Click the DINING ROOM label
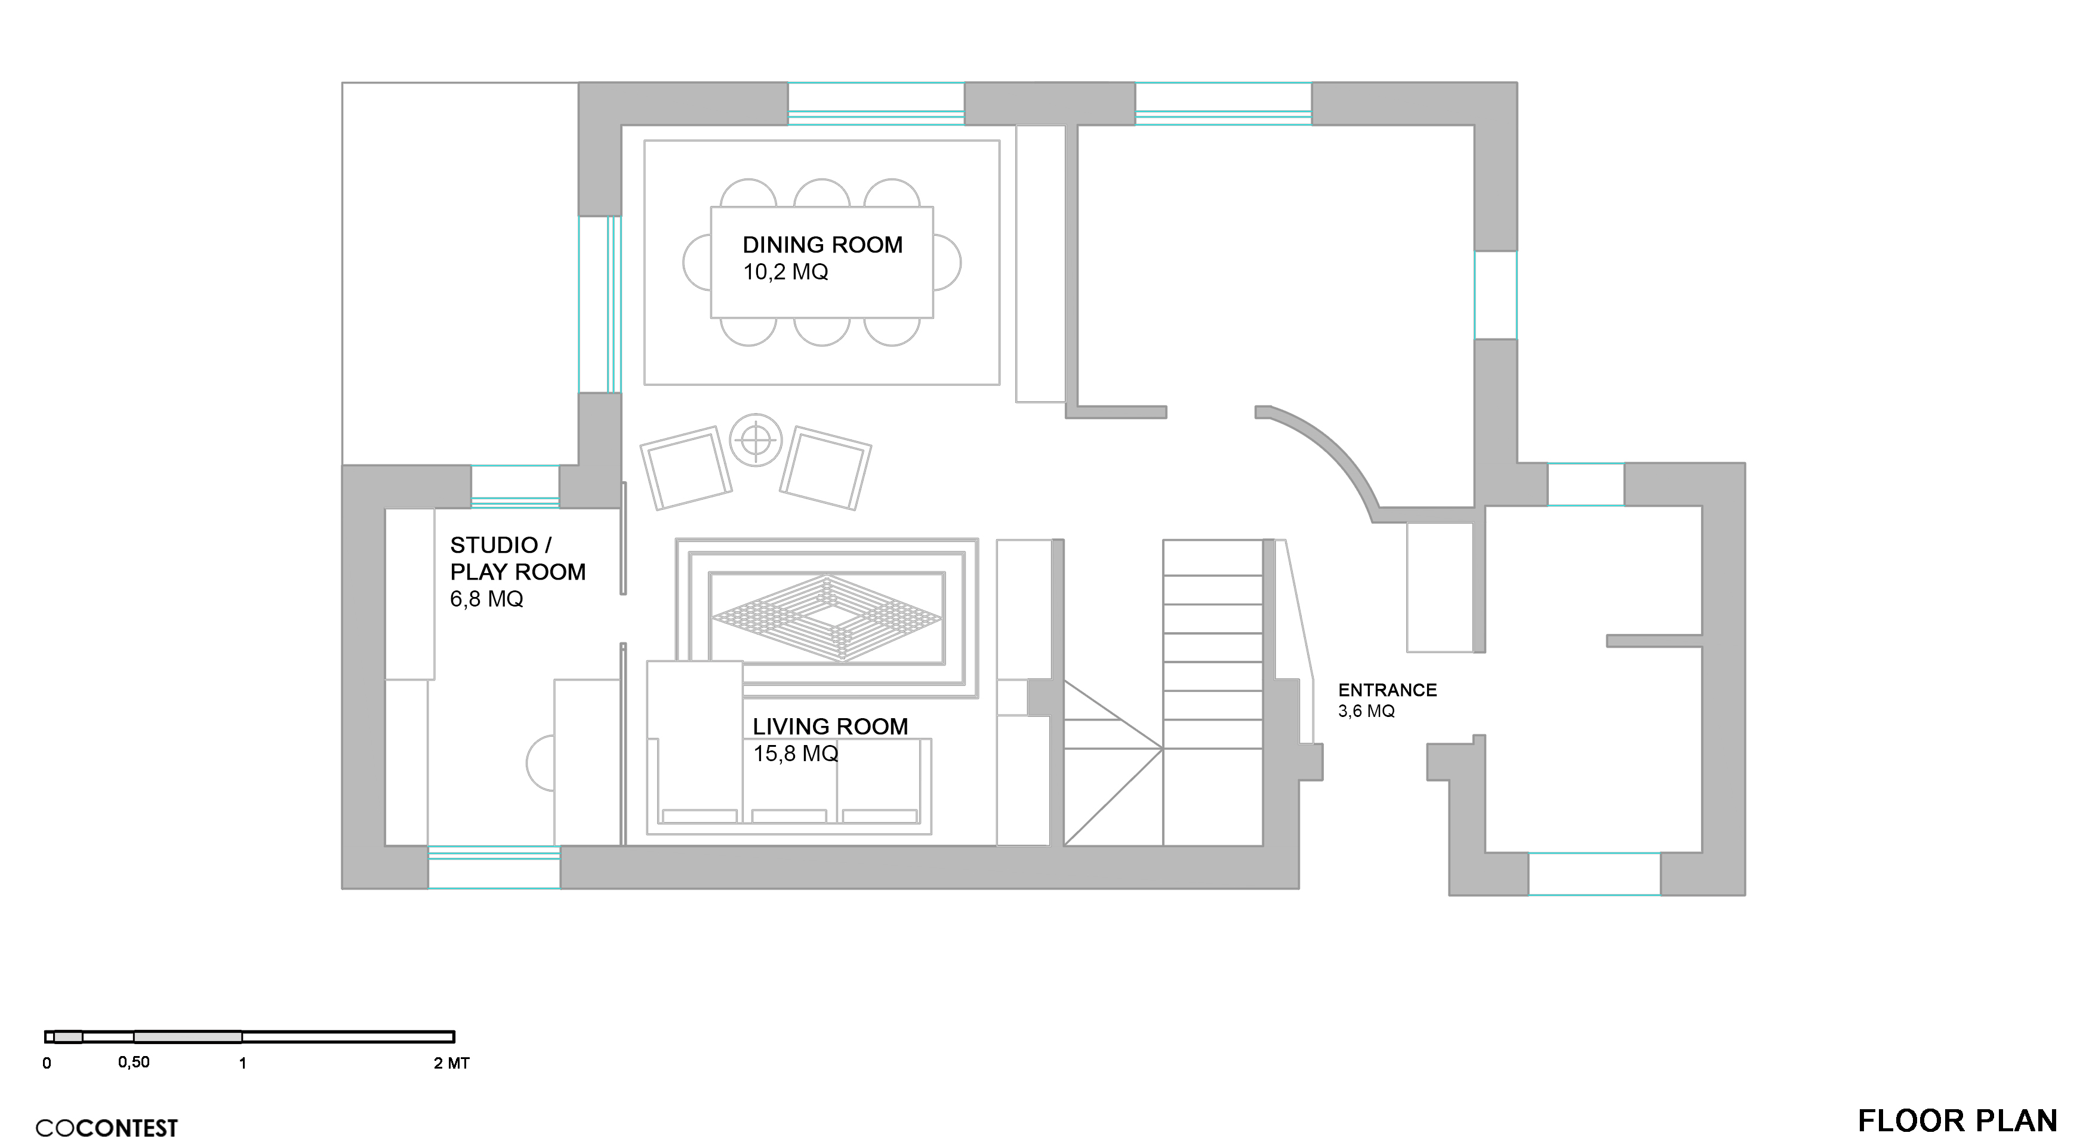(822, 245)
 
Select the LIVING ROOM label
(830, 727)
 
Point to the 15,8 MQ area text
(796, 754)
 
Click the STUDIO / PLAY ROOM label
(517, 559)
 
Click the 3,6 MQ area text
(1366, 711)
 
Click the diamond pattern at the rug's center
(827, 618)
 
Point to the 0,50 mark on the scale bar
(134, 1062)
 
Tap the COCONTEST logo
(106, 1128)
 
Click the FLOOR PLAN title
(1958, 1121)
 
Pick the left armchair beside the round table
(686, 469)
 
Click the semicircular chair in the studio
(541, 763)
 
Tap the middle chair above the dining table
(821, 192)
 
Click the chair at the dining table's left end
(697, 263)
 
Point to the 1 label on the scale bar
(242, 1063)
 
